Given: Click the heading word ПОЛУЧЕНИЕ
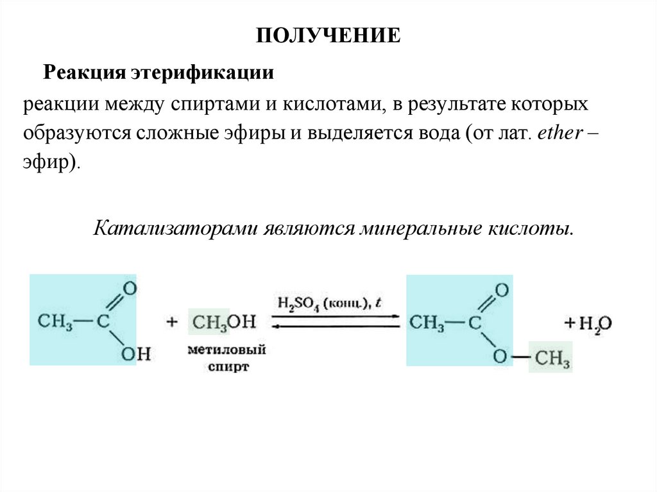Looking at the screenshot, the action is (x=328, y=35).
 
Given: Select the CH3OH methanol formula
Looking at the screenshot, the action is (x=224, y=322).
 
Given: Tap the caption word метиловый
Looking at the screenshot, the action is (x=227, y=351).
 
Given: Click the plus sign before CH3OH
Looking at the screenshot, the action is (x=171, y=322).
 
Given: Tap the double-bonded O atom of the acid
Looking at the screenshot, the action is (x=130, y=288).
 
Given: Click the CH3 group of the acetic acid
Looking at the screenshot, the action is (x=54, y=321).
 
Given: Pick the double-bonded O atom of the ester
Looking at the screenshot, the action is (x=501, y=290).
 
